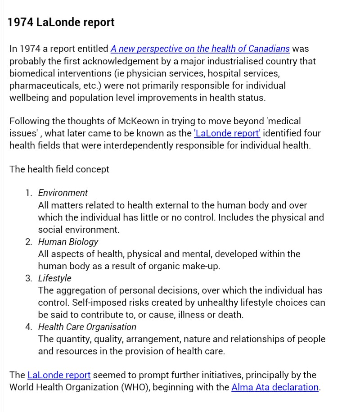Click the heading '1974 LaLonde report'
point(61,22)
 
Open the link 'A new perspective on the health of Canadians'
point(200,49)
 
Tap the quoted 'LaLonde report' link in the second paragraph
point(227,133)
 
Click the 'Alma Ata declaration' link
point(275,387)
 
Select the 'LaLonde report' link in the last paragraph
point(59,375)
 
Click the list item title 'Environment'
point(63,193)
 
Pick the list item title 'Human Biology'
point(68,242)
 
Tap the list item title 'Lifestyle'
point(54,278)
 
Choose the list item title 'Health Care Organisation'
point(87,327)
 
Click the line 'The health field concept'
point(59,169)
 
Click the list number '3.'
point(29,278)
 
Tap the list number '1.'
point(29,193)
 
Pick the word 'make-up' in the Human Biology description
point(203,266)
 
